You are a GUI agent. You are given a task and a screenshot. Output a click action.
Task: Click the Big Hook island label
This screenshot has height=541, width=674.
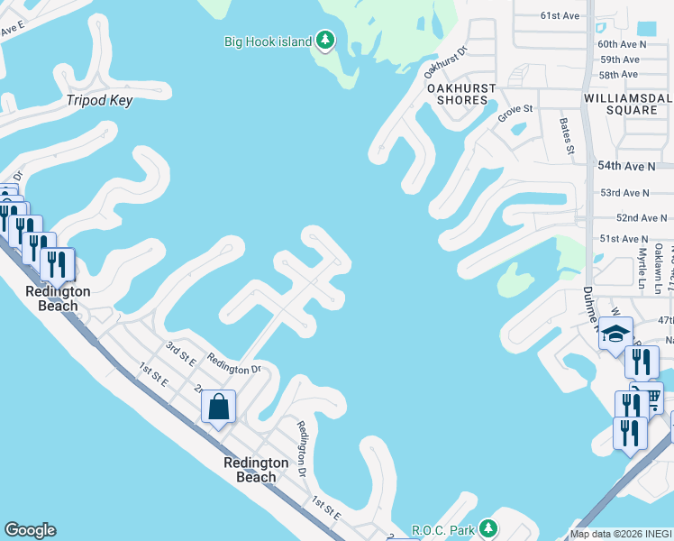tap(268, 41)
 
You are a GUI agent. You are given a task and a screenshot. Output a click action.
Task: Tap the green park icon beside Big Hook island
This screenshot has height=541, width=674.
tap(325, 41)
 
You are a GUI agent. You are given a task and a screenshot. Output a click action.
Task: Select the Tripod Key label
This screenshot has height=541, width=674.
tap(99, 100)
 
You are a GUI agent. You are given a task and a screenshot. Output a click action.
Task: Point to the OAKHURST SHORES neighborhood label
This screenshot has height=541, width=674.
tap(457, 94)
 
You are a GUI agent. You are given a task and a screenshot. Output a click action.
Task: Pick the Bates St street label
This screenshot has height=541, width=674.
tap(566, 135)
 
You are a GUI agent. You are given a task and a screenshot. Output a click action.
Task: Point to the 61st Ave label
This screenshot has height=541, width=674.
tap(560, 15)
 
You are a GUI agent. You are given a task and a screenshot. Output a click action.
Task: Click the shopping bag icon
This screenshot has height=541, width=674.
tap(219, 407)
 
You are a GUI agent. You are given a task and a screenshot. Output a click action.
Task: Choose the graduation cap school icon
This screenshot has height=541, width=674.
tap(616, 334)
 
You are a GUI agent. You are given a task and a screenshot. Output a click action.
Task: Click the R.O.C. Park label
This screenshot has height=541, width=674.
tap(442, 527)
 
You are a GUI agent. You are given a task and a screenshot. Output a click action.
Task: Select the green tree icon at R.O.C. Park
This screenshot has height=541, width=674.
tap(487, 527)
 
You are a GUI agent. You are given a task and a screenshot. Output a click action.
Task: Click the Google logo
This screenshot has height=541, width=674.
tap(30, 530)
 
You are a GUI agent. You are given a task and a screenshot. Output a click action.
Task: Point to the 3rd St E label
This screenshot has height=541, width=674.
tap(180, 352)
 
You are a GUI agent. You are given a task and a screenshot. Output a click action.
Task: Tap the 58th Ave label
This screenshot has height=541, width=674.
tap(618, 74)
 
